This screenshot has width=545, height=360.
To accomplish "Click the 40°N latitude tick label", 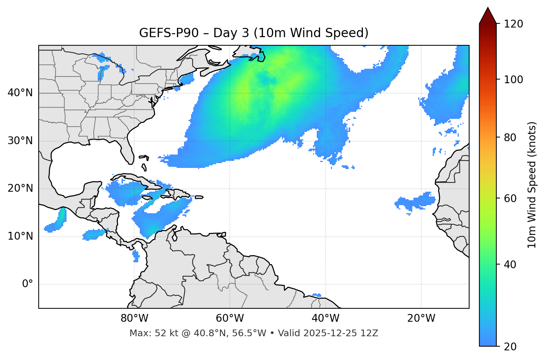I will point(20,93).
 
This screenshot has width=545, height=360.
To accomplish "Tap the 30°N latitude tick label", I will point(20,141).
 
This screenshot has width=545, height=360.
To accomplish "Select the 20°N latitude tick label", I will point(20,188).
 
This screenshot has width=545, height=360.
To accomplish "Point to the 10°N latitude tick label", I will point(20,236).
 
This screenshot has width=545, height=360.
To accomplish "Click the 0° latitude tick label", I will point(28,284).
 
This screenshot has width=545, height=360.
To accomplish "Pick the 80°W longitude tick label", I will point(134,318).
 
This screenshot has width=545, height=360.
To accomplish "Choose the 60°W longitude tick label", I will point(230,318).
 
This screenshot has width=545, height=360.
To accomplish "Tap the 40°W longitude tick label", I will point(325,318).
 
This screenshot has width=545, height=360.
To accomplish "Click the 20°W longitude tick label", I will point(421,318).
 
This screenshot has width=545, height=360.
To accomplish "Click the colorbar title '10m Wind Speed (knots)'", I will point(532,185).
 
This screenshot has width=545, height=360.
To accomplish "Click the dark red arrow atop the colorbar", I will point(488,16).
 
